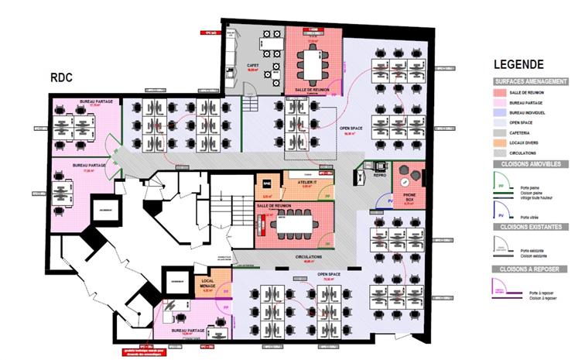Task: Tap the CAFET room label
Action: coord(252,66)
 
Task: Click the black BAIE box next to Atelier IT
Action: coord(266,183)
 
